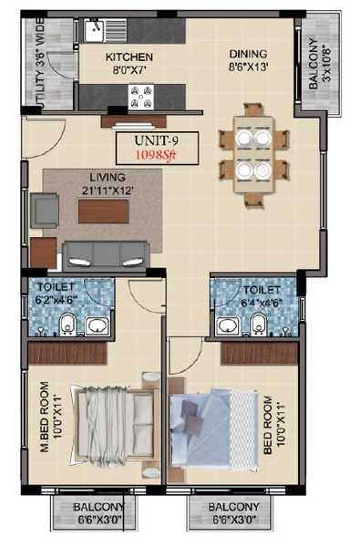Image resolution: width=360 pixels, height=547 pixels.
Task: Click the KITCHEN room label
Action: click(128, 57)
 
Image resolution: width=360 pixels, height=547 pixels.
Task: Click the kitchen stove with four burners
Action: click(141, 94)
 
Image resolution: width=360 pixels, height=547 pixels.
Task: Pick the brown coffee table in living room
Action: click(102, 212)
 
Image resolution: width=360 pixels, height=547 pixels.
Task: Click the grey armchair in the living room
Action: click(45, 211)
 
